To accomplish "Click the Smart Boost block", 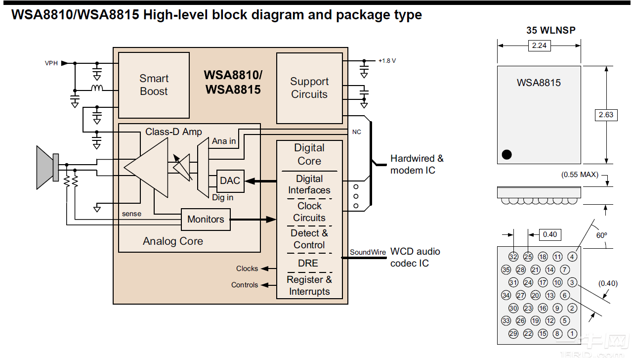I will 154,85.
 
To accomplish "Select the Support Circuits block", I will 309,88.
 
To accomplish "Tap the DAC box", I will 230,181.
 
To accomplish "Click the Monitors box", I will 206,220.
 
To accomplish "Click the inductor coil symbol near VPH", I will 97,89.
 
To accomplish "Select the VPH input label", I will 51,63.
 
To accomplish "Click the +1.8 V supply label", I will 387,61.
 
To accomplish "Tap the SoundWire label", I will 368,252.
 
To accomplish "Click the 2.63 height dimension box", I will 606,115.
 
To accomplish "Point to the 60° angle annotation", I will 601,235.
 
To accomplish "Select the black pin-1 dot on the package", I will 506,154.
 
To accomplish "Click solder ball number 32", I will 513,257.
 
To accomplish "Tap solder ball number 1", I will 572,334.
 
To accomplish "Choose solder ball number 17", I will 543,282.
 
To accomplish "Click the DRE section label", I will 308,264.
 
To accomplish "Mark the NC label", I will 356,132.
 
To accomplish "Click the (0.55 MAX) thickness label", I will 580,175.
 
